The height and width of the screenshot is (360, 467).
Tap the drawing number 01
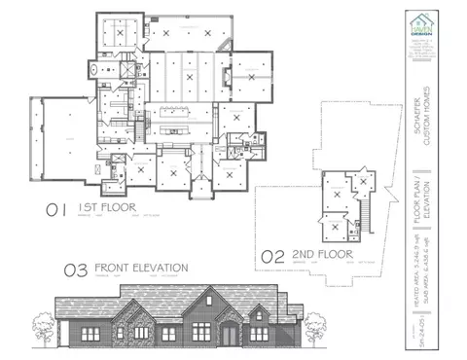coord(55,207)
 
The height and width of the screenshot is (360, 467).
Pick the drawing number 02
coord(275,256)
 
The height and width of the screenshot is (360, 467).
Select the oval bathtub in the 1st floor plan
coord(92,69)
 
